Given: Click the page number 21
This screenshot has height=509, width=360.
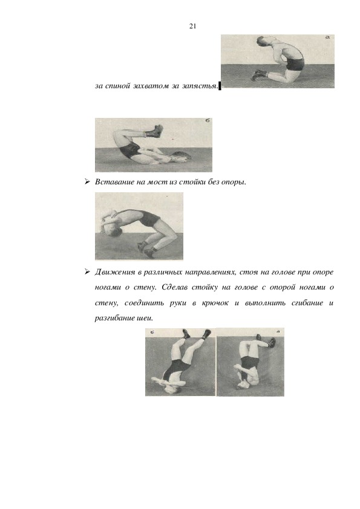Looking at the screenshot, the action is (x=192, y=26).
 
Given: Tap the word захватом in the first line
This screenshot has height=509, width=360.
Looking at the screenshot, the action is (x=151, y=86).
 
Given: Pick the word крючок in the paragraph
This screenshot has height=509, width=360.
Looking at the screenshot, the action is (x=215, y=303).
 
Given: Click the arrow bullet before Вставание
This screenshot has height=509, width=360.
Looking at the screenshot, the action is (x=87, y=182).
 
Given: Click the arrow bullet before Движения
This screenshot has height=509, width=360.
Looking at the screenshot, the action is (x=87, y=271).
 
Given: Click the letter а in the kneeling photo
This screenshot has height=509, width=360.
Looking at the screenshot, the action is (x=327, y=37).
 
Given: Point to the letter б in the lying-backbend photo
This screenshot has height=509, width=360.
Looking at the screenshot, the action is (x=208, y=121).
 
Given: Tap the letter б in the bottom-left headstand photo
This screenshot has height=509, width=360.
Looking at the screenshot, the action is (x=151, y=332).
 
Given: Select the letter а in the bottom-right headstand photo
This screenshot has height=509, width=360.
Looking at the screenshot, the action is (x=278, y=331).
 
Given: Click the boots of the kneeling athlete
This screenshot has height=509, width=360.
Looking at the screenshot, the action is (x=260, y=76).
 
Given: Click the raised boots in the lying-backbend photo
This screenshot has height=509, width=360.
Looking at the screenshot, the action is (x=154, y=131).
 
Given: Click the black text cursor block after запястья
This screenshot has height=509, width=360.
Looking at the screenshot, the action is (x=220, y=86).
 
